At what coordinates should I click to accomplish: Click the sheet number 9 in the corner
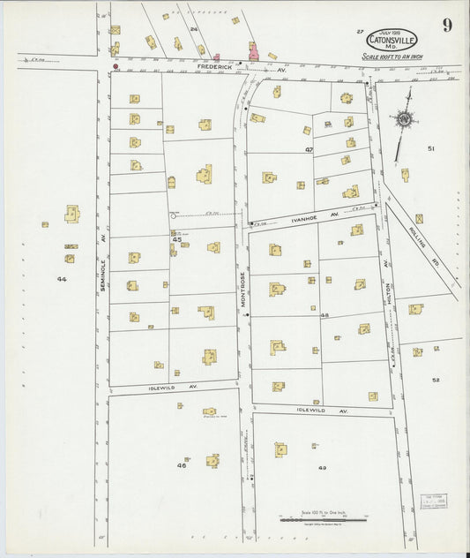[x=447, y=26]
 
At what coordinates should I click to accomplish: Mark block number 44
[x=61, y=279]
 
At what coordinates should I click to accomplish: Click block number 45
[x=176, y=239]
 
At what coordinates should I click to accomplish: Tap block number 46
[x=182, y=464]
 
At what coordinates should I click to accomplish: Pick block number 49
[x=322, y=468]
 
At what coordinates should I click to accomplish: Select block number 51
[x=431, y=148]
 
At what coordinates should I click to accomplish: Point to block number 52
[x=436, y=380]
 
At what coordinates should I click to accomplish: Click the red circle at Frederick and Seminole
[x=115, y=65]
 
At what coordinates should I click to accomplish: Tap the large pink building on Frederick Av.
[x=253, y=51]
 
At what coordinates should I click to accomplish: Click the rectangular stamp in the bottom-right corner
[x=432, y=501]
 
